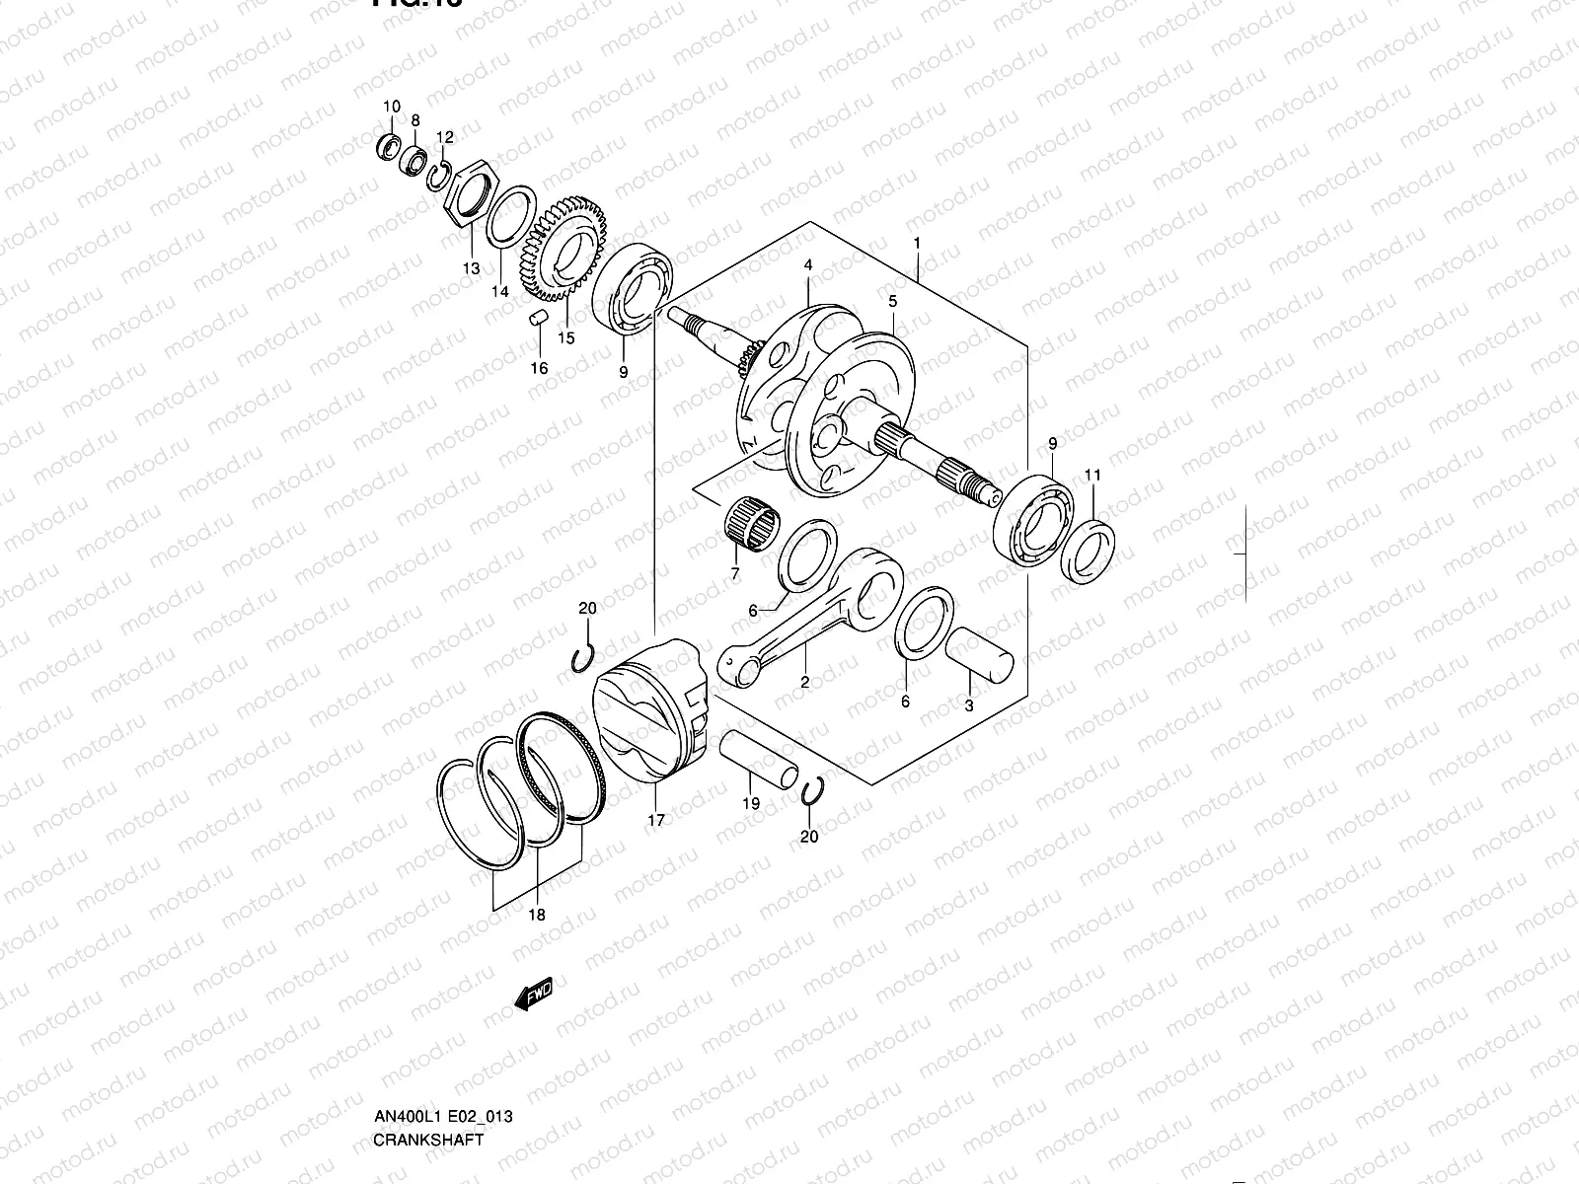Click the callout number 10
pyautogui.click(x=392, y=107)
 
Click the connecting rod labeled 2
pyautogui.click(x=809, y=617)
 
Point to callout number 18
pyautogui.click(x=536, y=916)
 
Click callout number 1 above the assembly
pyautogui.click(x=917, y=243)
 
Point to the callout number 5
pyautogui.click(x=892, y=301)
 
